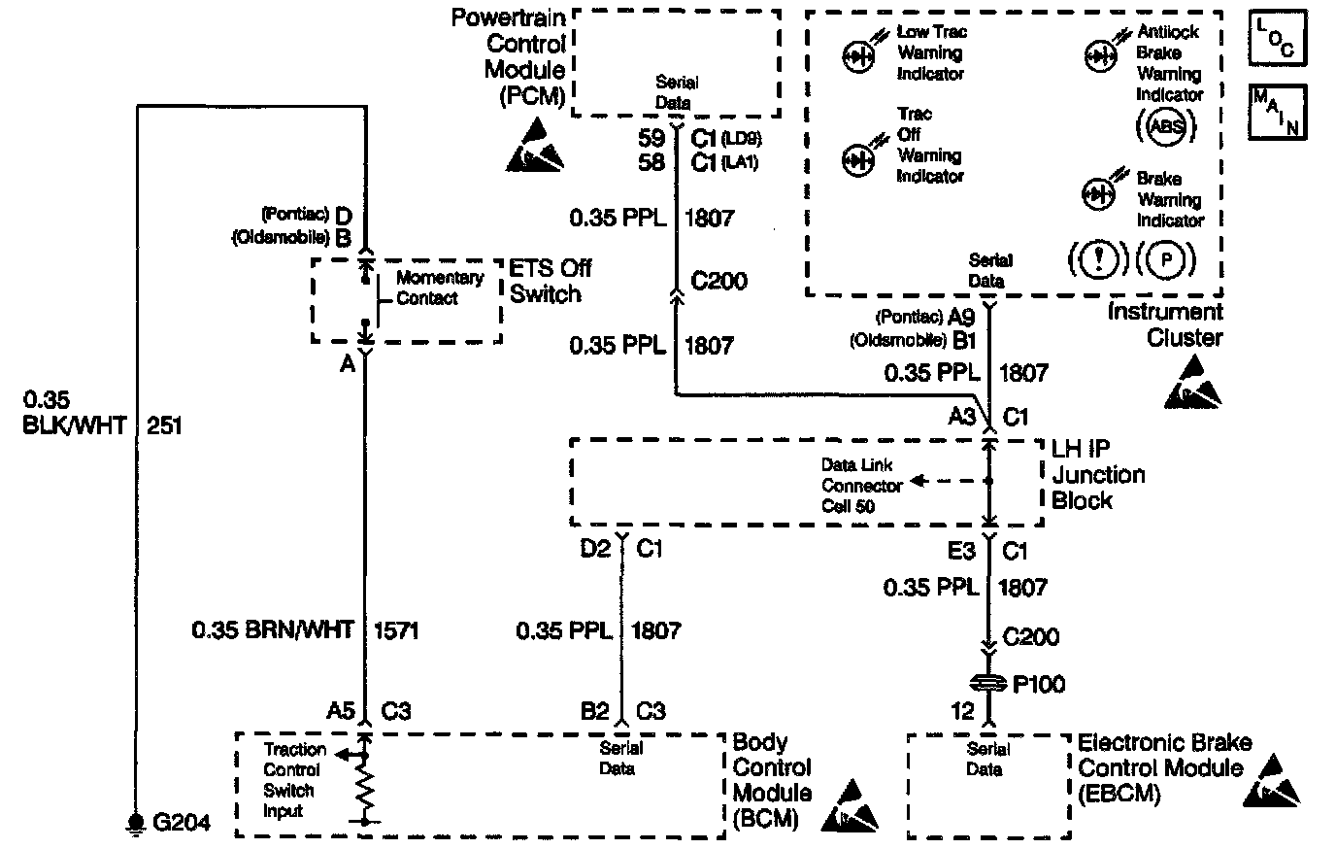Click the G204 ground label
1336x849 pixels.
click(182, 822)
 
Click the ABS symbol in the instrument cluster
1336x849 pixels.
click(1165, 124)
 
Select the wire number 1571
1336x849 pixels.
click(395, 630)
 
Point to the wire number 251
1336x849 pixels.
click(164, 424)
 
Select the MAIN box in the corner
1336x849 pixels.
click(1278, 112)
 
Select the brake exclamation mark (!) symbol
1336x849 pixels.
click(1100, 259)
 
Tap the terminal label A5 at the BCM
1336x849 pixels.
click(340, 711)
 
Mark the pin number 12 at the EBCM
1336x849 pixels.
click(962, 711)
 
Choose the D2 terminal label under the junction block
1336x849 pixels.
click(595, 550)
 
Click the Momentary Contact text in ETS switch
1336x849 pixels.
click(439, 288)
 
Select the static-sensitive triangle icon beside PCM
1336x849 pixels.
click(535, 146)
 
